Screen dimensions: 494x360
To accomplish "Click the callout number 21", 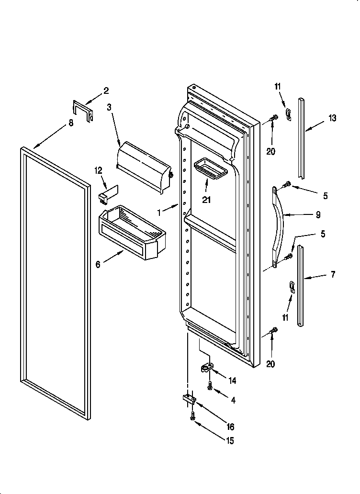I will [206, 200].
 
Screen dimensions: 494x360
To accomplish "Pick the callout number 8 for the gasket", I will [71, 123].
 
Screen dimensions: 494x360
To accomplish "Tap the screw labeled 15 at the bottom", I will [192, 417].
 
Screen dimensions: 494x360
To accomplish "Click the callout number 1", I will [160, 209].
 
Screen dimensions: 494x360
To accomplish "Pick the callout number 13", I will [332, 118].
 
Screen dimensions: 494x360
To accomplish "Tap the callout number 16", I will [231, 427].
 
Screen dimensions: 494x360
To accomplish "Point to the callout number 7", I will [332, 274].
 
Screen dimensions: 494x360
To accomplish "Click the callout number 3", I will [110, 108].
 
